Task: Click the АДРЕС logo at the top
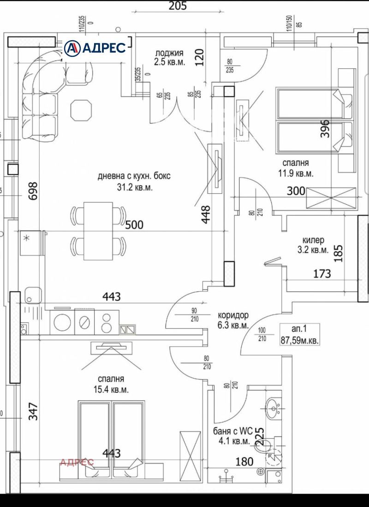(95, 48)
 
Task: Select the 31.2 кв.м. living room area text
(135, 188)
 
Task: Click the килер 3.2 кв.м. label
(315, 245)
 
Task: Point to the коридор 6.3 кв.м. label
(233, 320)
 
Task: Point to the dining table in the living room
(98, 231)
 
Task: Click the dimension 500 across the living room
(134, 225)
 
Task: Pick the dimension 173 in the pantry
(321, 274)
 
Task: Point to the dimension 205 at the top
(177, 6)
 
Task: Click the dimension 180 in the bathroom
(244, 461)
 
